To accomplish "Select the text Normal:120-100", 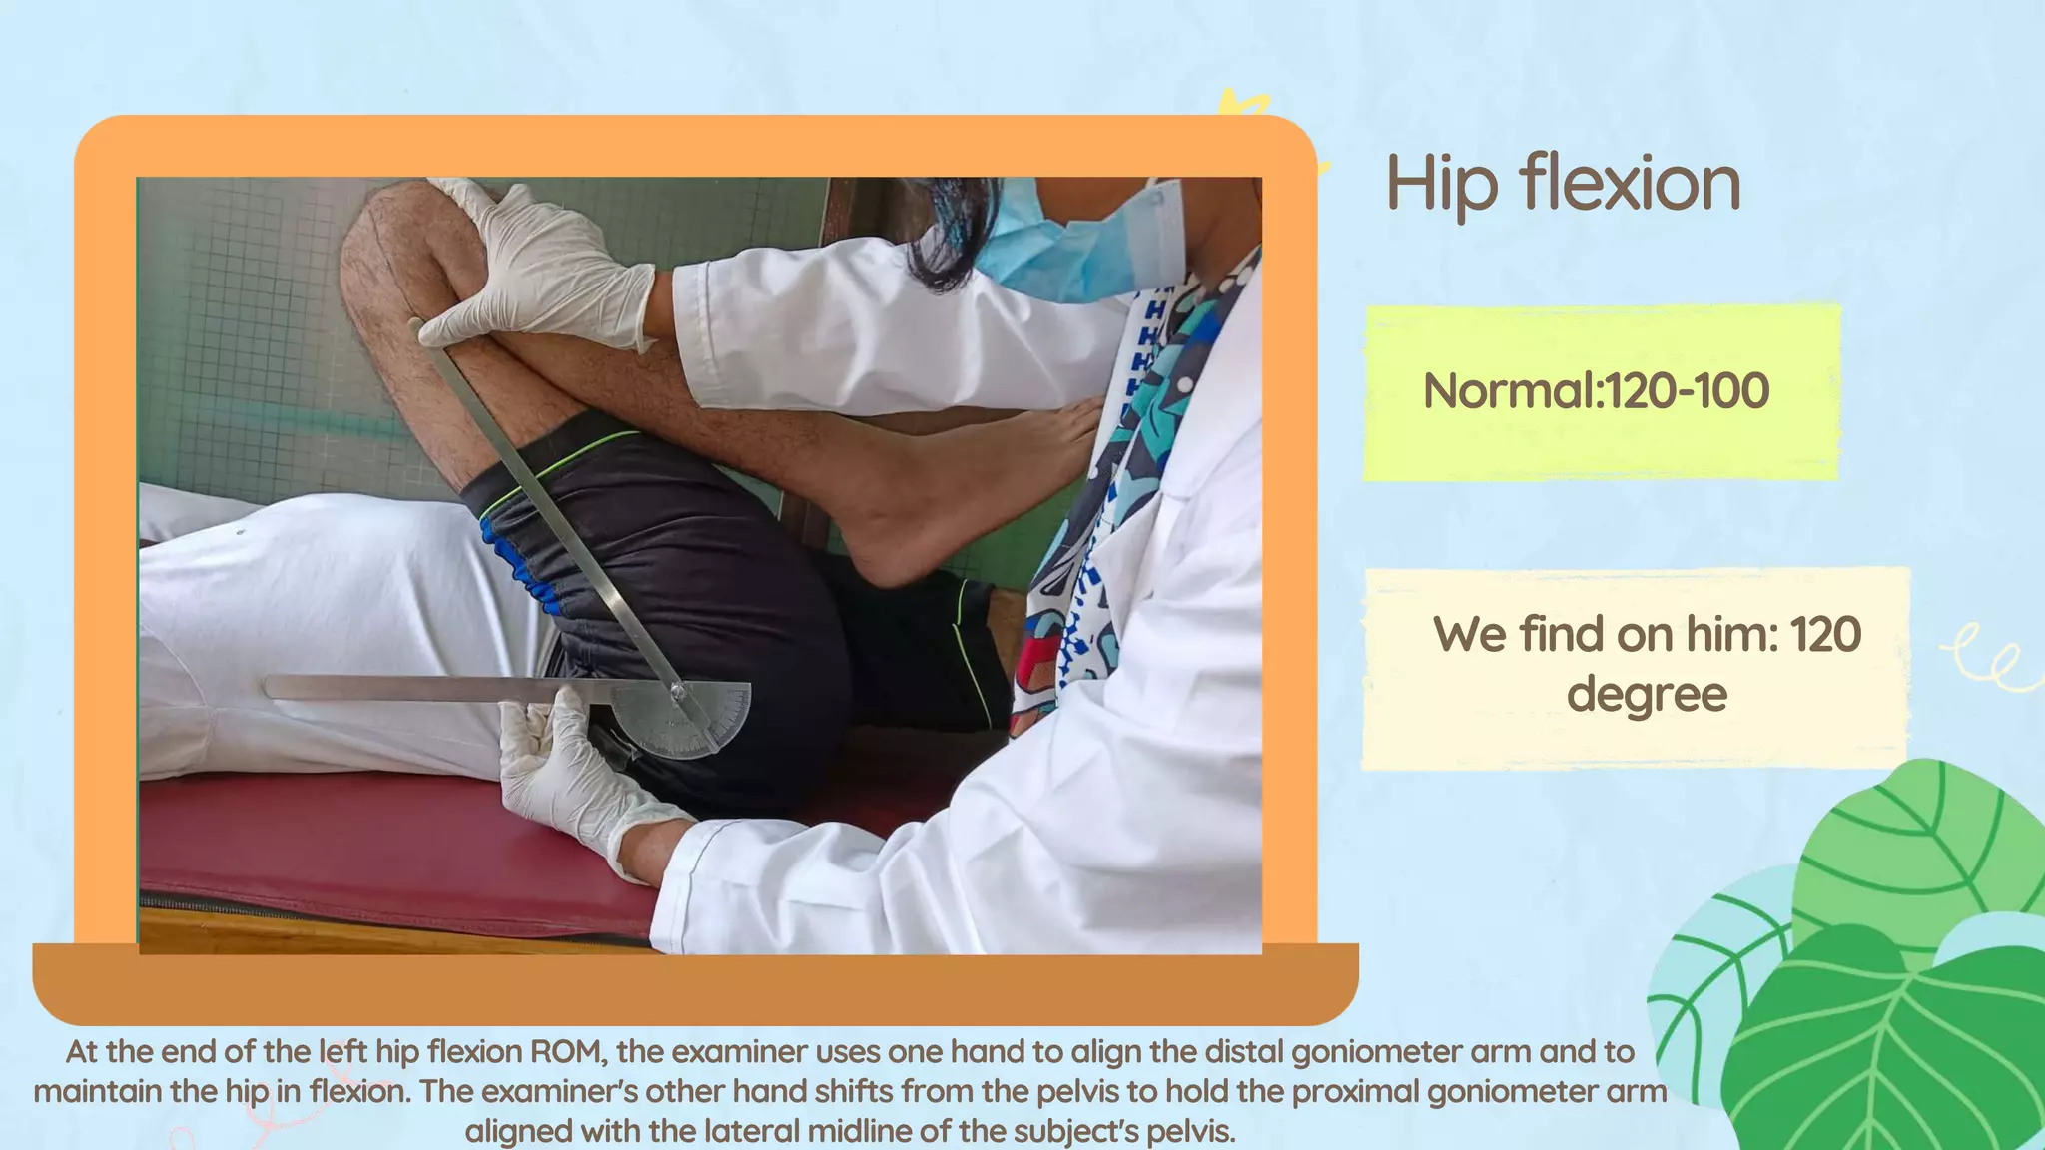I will pos(1596,390).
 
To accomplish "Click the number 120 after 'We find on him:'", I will pos(1825,635).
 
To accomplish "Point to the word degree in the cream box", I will pos(1646,695).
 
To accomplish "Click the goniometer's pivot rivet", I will pos(678,690).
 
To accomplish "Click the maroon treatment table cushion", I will pos(399,849).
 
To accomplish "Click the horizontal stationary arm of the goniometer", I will pos(419,688).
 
